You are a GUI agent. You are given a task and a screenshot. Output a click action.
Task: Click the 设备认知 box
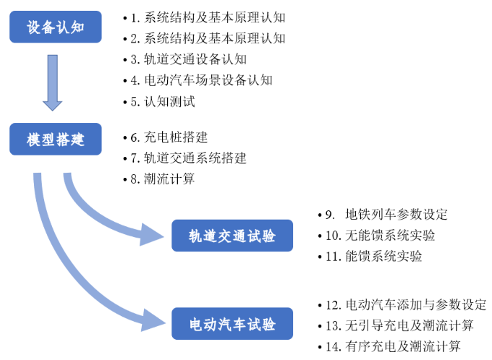point(56,27)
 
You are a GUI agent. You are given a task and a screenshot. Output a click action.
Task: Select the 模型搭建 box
point(56,139)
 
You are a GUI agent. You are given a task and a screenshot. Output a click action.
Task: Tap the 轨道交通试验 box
point(232,236)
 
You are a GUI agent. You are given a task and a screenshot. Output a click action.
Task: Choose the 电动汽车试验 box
point(232,324)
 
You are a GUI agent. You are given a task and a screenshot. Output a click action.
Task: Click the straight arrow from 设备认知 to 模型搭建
point(54,81)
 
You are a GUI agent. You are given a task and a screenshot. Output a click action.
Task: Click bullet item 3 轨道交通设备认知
point(190,59)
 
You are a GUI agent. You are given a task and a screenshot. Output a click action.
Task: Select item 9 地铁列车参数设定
point(390,214)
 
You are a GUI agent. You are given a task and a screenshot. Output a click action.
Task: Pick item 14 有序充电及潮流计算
point(396,346)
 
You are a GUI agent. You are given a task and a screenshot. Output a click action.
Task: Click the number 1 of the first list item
point(134,17)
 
